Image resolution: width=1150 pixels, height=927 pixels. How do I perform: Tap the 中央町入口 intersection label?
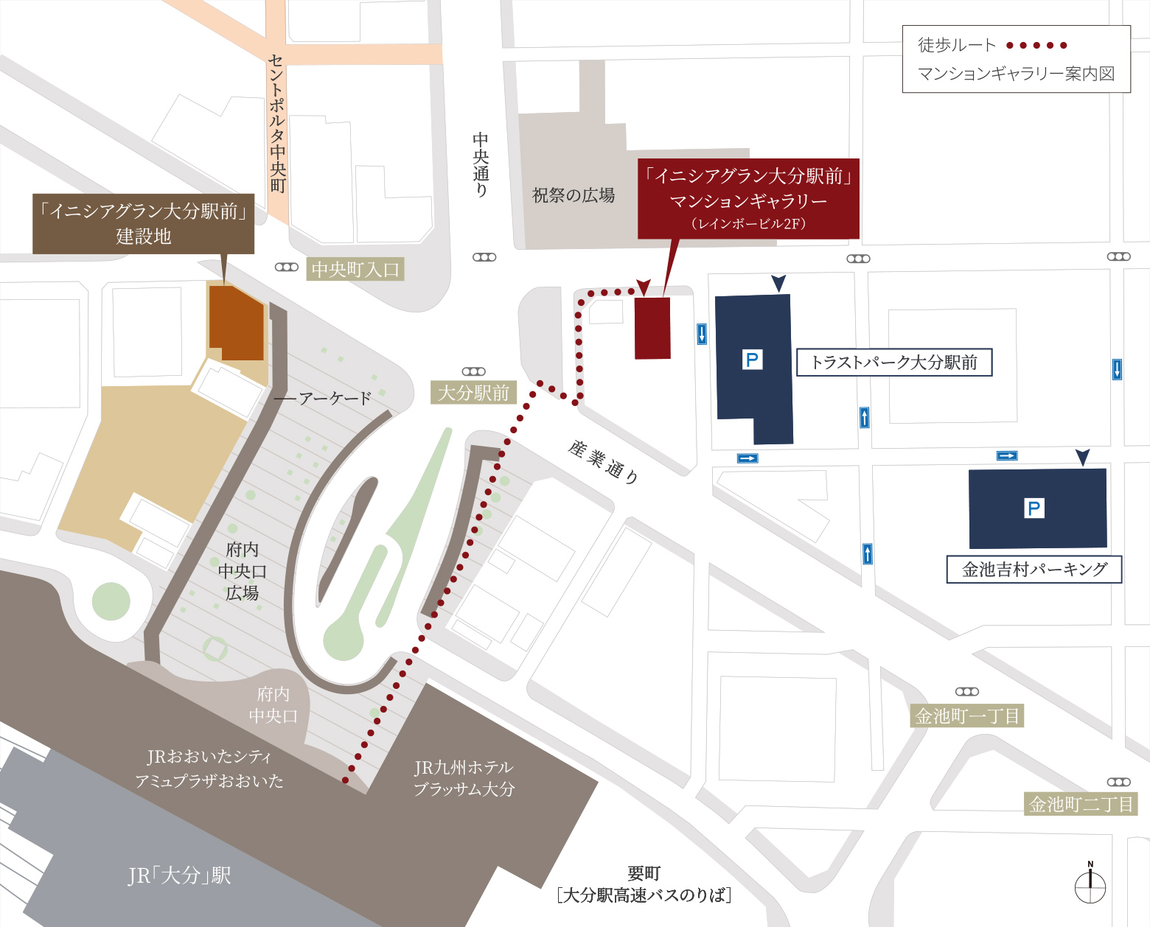[355, 270]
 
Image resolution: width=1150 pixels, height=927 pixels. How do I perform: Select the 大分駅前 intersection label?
[473, 393]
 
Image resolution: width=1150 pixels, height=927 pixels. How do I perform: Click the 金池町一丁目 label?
[967, 716]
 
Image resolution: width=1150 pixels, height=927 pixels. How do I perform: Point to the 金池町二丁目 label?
[1081, 804]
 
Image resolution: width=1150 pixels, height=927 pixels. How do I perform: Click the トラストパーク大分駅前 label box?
[893, 363]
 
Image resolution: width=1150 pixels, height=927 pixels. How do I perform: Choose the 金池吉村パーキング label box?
[1034, 570]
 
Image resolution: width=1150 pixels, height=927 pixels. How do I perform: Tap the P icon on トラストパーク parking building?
[752, 360]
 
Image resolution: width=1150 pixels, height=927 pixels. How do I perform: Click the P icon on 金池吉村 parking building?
[1034, 508]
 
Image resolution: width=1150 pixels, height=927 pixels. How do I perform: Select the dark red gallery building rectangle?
[653, 328]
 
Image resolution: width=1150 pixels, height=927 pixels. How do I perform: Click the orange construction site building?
[236, 323]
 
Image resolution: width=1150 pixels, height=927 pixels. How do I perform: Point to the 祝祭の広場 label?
[574, 195]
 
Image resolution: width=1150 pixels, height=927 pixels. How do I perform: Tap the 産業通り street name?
[603, 461]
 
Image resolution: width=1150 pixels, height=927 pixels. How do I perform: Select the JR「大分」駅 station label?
[179, 875]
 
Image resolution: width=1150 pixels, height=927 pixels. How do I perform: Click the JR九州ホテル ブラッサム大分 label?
[464, 778]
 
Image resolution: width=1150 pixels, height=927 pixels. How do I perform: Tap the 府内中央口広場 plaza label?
[242, 571]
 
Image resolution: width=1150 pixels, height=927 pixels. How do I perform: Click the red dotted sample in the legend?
[1036, 46]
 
